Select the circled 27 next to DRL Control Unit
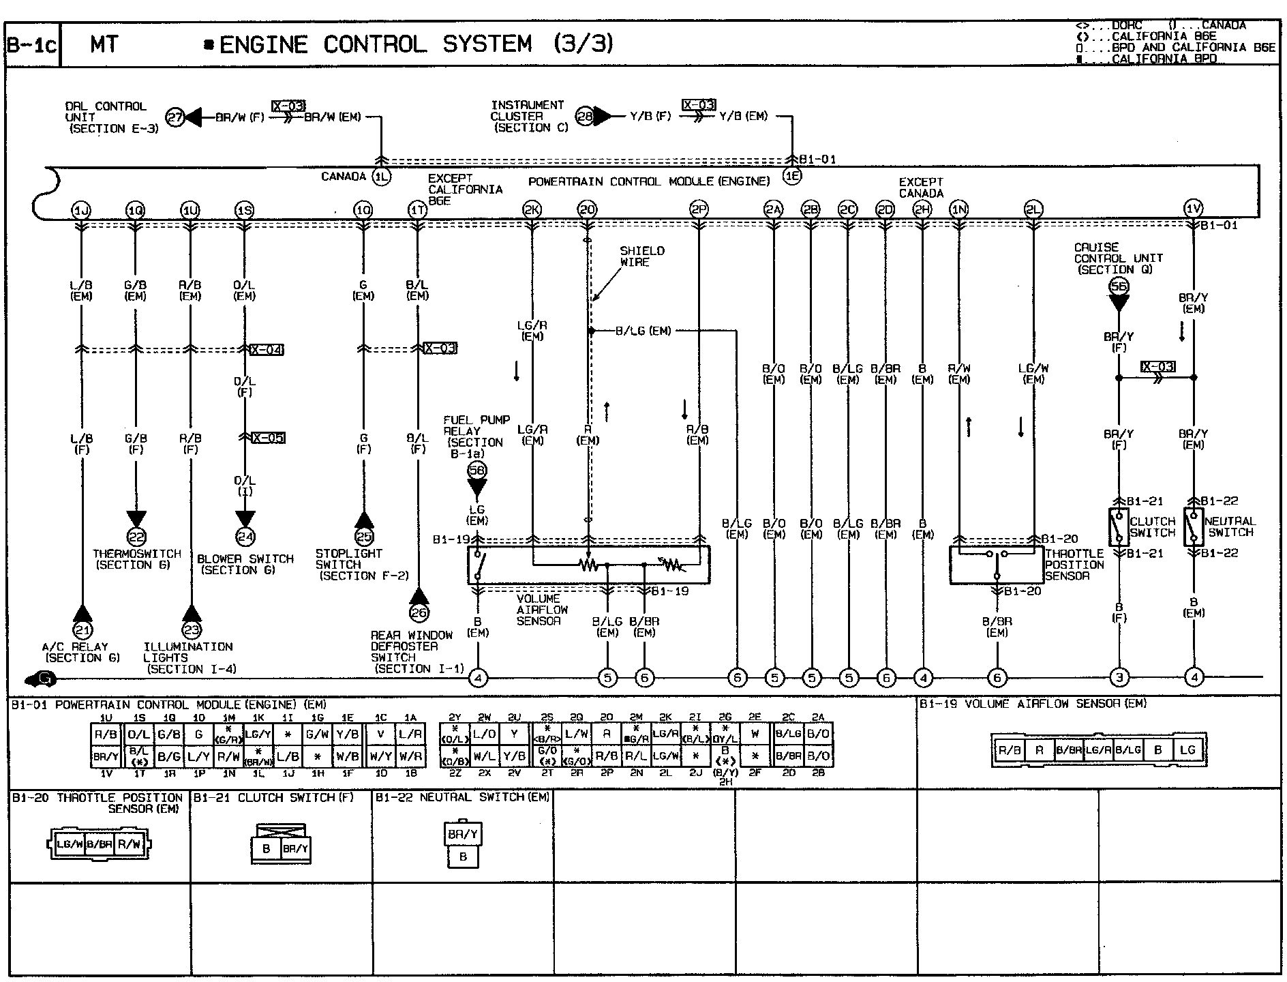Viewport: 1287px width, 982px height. click(176, 117)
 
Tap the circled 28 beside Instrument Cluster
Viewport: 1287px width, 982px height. click(585, 116)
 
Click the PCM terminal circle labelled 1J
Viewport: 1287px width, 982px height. click(81, 210)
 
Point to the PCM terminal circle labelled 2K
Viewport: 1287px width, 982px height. click(532, 210)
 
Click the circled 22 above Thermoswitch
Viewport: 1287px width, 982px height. click(136, 537)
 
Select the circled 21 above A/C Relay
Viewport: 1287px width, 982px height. click(82, 630)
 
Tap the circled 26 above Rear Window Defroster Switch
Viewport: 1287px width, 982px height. click(419, 613)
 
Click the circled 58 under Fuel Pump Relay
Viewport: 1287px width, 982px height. click(476, 470)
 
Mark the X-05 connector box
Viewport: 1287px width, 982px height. click(268, 438)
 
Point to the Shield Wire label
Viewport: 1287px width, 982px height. click(641, 256)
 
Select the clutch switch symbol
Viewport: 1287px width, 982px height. click(1118, 527)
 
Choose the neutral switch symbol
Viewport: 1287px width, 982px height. click(1193, 526)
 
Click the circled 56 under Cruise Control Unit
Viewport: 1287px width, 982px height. click(1119, 287)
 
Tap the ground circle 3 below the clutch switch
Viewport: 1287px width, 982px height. click(1119, 677)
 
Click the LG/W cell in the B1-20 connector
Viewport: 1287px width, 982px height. click(70, 844)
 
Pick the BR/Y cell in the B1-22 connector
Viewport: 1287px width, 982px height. click(463, 834)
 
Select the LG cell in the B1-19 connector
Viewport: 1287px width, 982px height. click(1187, 750)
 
